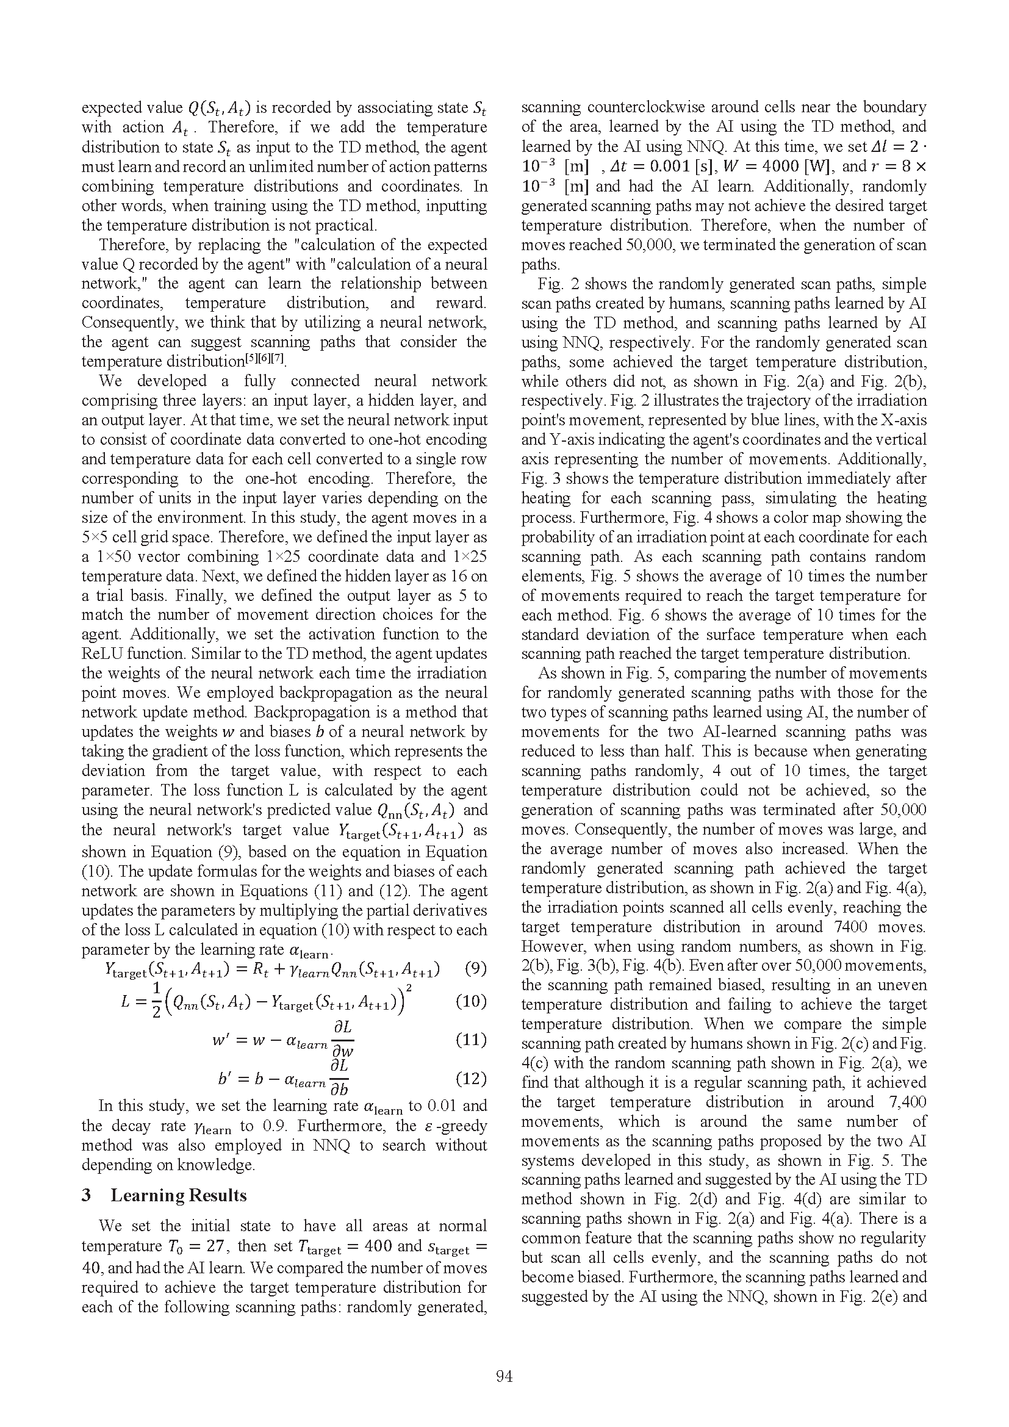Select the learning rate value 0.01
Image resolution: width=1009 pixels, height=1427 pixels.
point(436,1105)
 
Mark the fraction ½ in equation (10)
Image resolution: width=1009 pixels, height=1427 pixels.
point(157,1002)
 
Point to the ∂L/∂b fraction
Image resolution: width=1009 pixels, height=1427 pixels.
point(339,1078)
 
